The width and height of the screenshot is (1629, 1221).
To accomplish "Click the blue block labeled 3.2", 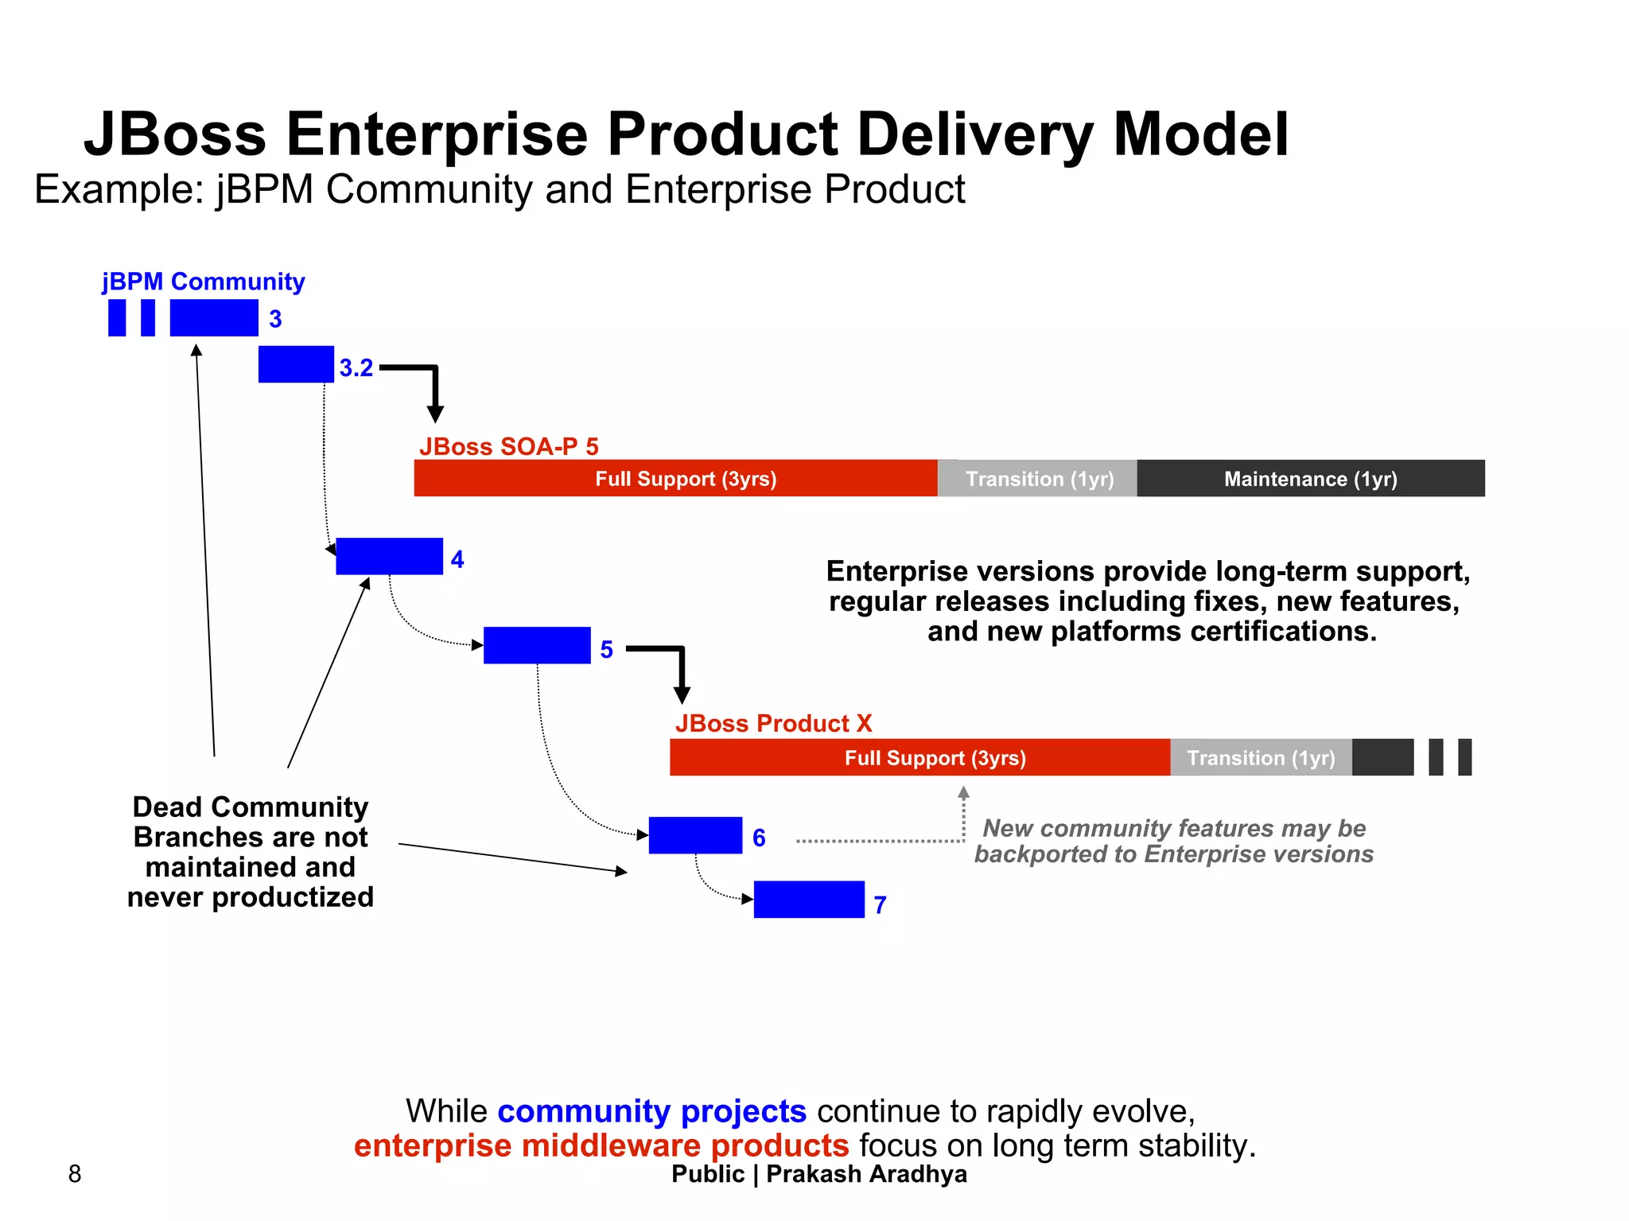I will point(296,364).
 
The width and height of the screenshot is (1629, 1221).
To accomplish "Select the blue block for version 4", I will point(389,556).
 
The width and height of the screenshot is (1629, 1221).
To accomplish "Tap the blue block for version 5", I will point(537,645).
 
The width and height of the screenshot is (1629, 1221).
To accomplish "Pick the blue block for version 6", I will point(695,835).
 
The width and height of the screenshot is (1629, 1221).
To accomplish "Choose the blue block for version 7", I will point(809,900).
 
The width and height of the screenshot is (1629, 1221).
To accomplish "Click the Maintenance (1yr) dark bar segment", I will point(1310,478).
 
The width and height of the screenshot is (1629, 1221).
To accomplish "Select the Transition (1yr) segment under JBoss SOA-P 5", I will point(1038,478).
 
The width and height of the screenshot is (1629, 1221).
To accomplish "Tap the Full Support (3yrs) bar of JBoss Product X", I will point(919,757).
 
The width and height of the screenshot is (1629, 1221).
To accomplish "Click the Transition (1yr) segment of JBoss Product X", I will point(1261,757).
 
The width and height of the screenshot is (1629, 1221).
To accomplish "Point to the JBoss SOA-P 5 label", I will point(509,446).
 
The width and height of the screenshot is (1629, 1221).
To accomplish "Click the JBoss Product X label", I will point(773,723).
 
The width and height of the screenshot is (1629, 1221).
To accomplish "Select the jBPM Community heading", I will point(203,282).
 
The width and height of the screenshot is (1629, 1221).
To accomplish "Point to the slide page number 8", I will point(75,1173).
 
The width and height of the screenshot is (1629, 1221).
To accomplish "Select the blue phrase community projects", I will point(651,1111).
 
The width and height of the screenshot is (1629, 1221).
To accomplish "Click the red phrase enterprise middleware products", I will point(601,1145).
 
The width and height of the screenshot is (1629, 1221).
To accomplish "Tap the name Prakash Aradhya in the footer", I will point(866,1174).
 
